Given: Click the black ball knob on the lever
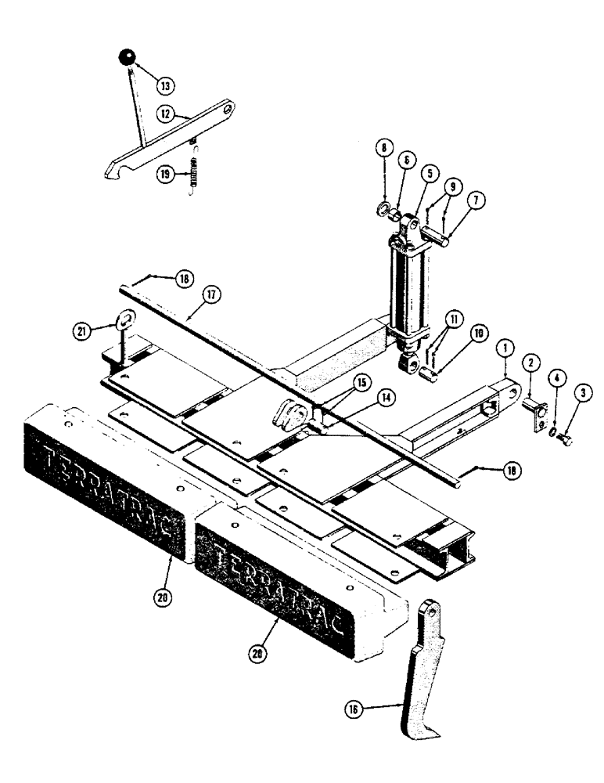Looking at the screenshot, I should (126, 57).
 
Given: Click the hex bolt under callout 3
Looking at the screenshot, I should (566, 440).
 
